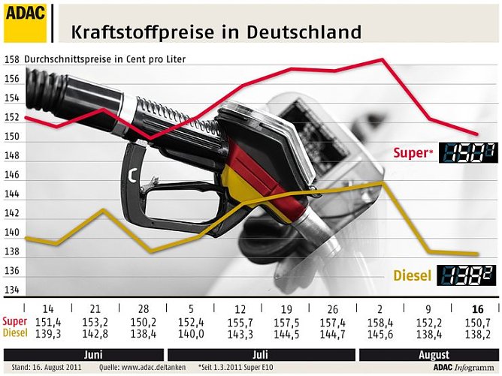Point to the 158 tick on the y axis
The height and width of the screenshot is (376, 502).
click(12, 59)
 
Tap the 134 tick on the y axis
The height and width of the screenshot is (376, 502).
click(12, 290)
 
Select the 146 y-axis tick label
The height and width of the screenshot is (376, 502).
click(12, 175)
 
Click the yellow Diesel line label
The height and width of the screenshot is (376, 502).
click(413, 275)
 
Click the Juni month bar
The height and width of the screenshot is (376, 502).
click(93, 353)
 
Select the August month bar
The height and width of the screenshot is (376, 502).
click(428, 353)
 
